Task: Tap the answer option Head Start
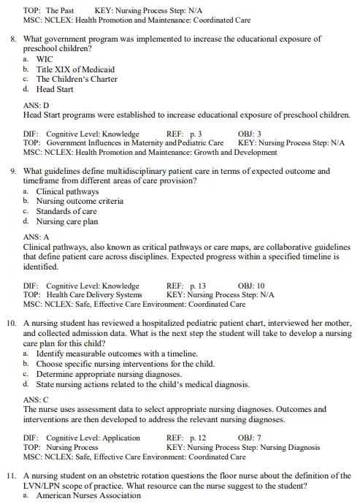55,89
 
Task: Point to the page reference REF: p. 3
184,134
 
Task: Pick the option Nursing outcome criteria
80,201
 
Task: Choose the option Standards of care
66,211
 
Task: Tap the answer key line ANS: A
37,237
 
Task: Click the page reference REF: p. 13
186,286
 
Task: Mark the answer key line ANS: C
37,400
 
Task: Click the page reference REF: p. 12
186,438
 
